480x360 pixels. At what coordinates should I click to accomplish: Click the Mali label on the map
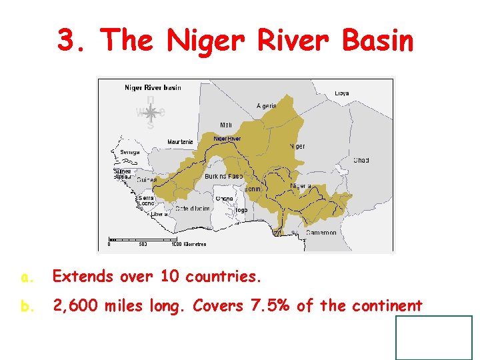coord(227,125)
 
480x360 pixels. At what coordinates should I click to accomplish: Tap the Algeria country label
coord(267,106)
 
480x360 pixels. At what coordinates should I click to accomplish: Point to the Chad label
coord(361,161)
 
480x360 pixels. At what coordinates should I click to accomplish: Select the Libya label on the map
coord(341,93)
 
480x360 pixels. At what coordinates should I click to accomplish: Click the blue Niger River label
coord(227,139)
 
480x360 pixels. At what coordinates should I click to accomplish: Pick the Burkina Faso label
coord(223,177)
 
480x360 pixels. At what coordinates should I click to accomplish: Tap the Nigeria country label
coord(301,186)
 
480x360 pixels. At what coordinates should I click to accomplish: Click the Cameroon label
coord(321,233)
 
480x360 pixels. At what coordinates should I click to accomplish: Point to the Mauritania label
coord(180,142)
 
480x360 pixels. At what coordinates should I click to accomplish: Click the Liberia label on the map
coord(159,215)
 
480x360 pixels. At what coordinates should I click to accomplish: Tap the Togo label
coord(241,210)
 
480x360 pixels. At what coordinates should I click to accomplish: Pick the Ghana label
coord(225,199)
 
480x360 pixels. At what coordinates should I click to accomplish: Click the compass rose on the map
coord(151,113)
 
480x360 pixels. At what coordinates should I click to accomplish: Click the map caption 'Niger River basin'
coord(153,87)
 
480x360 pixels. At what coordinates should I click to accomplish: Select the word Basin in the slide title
coord(377,41)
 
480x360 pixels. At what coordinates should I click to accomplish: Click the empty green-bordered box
coord(434,338)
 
